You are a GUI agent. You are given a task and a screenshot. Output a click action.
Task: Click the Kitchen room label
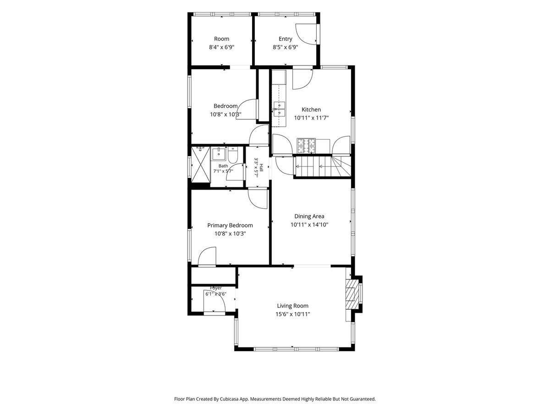(x=311, y=110)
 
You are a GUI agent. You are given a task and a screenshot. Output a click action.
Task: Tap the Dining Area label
(x=309, y=216)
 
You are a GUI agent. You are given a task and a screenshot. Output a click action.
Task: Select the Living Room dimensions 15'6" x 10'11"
(x=293, y=314)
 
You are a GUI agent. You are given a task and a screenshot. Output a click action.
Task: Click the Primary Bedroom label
(x=230, y=225)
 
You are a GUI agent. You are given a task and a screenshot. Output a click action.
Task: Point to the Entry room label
(x=286, y=39)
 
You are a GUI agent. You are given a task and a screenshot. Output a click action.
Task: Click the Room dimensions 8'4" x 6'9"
(x=221, y=47)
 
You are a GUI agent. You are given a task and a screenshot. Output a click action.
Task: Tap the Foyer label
(x=216, y=288)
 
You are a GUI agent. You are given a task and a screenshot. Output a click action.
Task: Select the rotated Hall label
(x=261, y=168)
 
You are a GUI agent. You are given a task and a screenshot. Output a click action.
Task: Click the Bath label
(x=223, y=166)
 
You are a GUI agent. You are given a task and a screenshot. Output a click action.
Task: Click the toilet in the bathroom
(x=233, y=155)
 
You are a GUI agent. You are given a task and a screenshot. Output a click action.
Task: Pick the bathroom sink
(x=219, y=154)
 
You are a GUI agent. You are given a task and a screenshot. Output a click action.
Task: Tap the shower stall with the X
(x=200, y=165)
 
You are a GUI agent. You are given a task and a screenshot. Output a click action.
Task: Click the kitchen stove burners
(x=306, y=146)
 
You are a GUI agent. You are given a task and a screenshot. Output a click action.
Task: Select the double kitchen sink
(x=279, y=109)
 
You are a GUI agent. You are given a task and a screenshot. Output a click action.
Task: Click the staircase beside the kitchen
(x=323, y=167)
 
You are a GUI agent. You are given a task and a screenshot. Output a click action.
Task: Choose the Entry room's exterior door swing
(x=306, y=34)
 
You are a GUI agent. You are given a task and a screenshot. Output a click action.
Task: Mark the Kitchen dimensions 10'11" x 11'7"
(x=311, y=118)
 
